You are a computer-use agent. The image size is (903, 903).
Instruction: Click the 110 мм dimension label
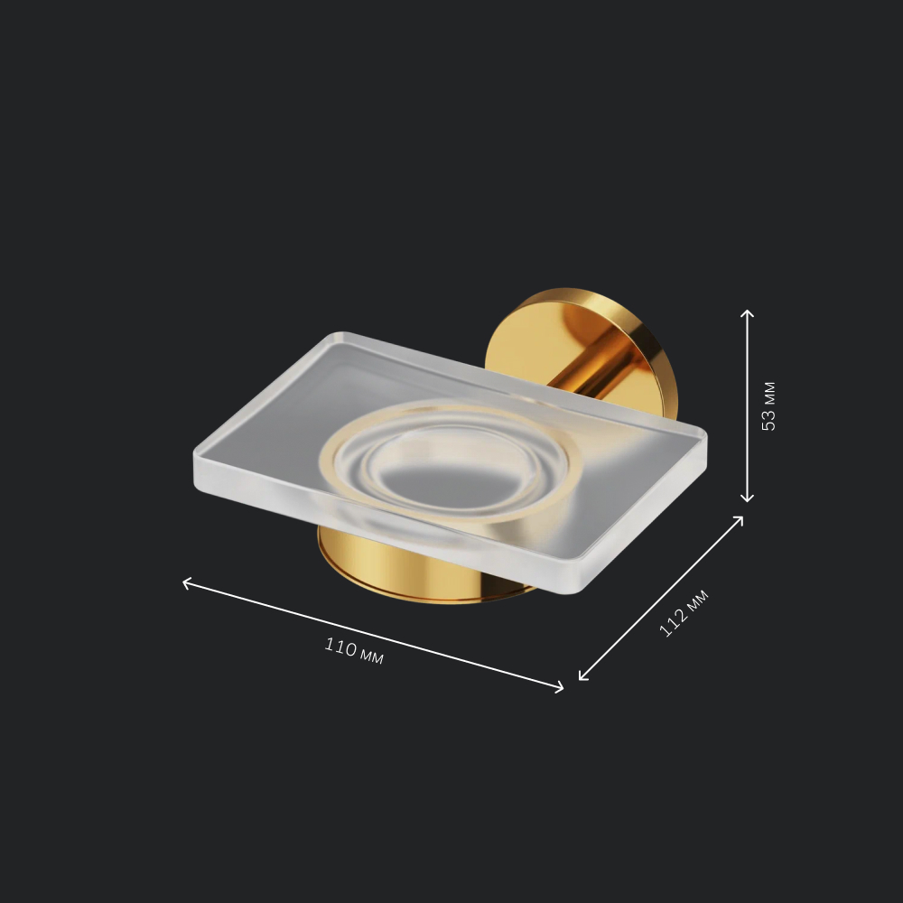pyautogui.click(x=354, y=650)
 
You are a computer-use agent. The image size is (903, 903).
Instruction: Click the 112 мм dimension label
pyautogui.click(x=684, y=613)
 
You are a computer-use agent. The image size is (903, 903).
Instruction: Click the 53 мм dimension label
pyautogui.click(x=768, y=406)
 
